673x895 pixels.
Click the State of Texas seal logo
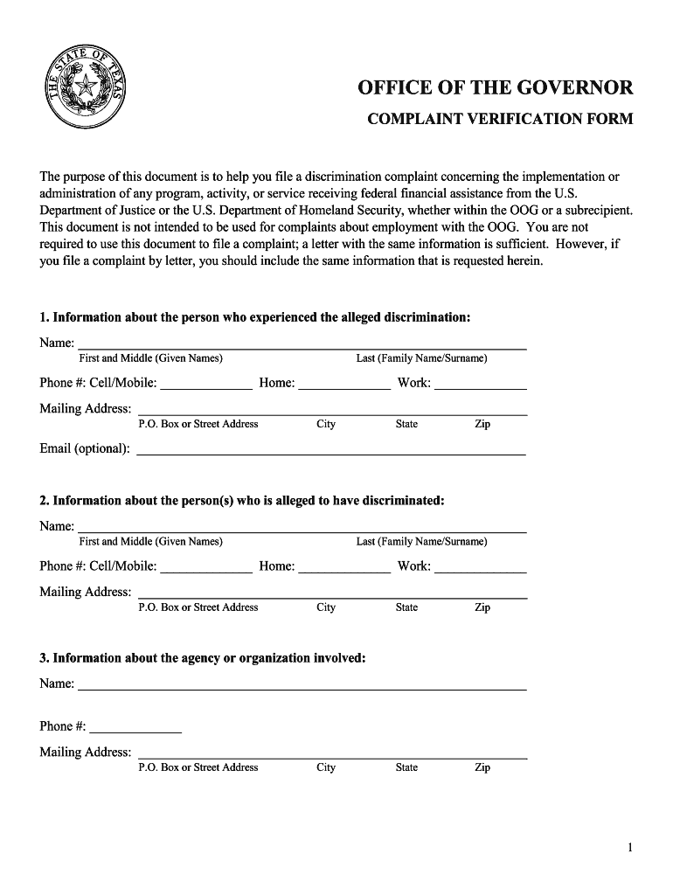click(86, 87)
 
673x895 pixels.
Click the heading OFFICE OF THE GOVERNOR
click(496, 88)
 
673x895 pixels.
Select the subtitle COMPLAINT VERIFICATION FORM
click(499, 119)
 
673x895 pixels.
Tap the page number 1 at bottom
click(630, 848)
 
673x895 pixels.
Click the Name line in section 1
click(302, 343)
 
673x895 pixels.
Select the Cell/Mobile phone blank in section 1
click(206, 383)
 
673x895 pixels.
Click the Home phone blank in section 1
click(344, 383)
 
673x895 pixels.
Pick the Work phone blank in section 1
click(481, 383)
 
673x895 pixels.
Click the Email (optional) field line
click(332, 449)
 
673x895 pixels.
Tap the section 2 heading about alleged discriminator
click(242, 501)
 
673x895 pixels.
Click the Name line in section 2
click(302, 527)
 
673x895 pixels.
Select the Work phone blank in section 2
click(481, 566)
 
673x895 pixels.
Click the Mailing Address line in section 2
click(333, 593)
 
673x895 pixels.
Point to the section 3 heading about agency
click(203, 658)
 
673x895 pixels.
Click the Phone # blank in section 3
click(135, 726)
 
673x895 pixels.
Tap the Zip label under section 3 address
click(482, 767)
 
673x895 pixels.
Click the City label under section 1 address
click(326, 424)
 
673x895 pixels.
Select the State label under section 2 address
click(406, 607)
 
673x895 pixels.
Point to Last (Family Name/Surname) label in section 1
click(421, 358)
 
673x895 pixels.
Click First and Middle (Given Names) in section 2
click(150, 542)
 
